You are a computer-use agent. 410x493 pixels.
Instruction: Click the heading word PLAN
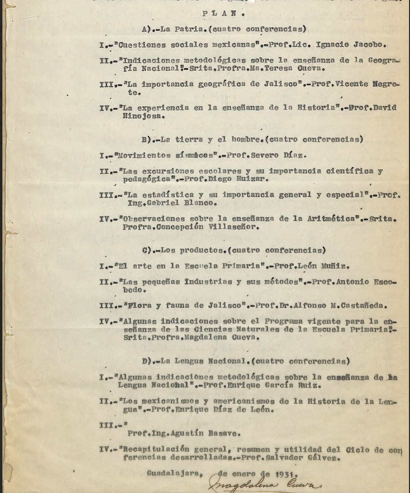223,14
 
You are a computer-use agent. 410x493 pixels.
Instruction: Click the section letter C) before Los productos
147,250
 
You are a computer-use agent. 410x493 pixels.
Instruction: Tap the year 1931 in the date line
287,474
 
